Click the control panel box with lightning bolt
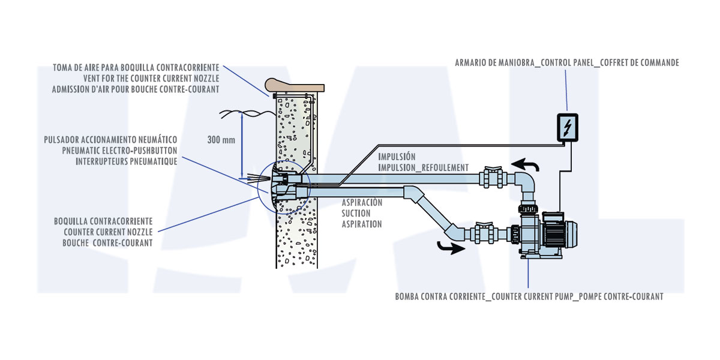568,128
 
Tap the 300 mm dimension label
221,140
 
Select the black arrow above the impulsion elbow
525,164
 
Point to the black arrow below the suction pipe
451,248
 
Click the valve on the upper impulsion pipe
493,177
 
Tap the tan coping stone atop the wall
295,85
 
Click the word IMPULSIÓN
397,157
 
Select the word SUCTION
356,214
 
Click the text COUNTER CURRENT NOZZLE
108,232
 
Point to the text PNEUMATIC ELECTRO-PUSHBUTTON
119,151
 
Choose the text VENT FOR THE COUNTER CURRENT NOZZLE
151,79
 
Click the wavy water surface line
247,113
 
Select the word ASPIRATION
362,224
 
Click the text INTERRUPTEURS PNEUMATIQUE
127,161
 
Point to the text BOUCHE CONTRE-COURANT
107,243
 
